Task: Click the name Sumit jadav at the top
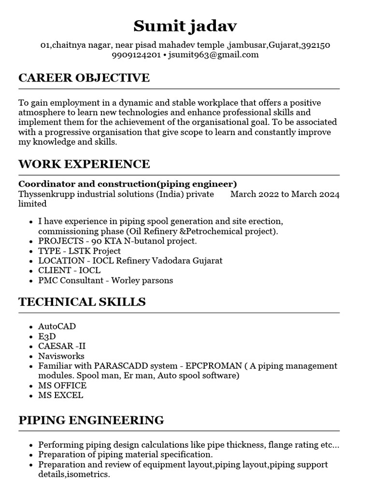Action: click(185, 26)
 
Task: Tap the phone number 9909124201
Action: click(136, 55)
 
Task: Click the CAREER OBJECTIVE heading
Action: click(84, 78)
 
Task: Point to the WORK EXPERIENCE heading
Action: click(84, 164)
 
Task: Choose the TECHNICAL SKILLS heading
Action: click(82, 302)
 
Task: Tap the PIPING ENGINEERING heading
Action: click(91, 420)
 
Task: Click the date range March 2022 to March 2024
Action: click(285, 194)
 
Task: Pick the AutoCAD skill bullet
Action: click(57, 327)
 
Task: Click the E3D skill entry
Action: click(47, 336)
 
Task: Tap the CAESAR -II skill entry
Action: click(62, 346)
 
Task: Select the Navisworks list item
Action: click(61, 356)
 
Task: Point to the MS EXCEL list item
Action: click(60, 395)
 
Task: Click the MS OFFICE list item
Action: click(62, 385)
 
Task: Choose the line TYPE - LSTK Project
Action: click(79, 251)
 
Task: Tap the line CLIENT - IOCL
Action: click(69, 271)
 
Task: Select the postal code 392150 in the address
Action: click(315, 45)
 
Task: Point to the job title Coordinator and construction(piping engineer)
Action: click(128, 184)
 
